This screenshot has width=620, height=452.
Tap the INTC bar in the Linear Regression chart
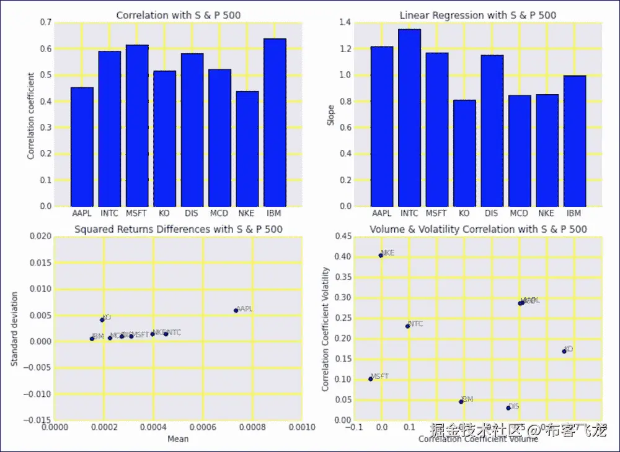point(409,118)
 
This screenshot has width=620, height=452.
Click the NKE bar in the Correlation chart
point(247,149)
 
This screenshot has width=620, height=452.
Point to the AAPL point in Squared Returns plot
point(236,310)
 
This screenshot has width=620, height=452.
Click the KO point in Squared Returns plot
point(102,319)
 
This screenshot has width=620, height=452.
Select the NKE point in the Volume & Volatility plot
point(381,255)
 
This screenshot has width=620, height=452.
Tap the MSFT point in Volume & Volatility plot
point(371,378)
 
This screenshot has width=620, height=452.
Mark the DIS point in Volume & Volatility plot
point(508,407)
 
